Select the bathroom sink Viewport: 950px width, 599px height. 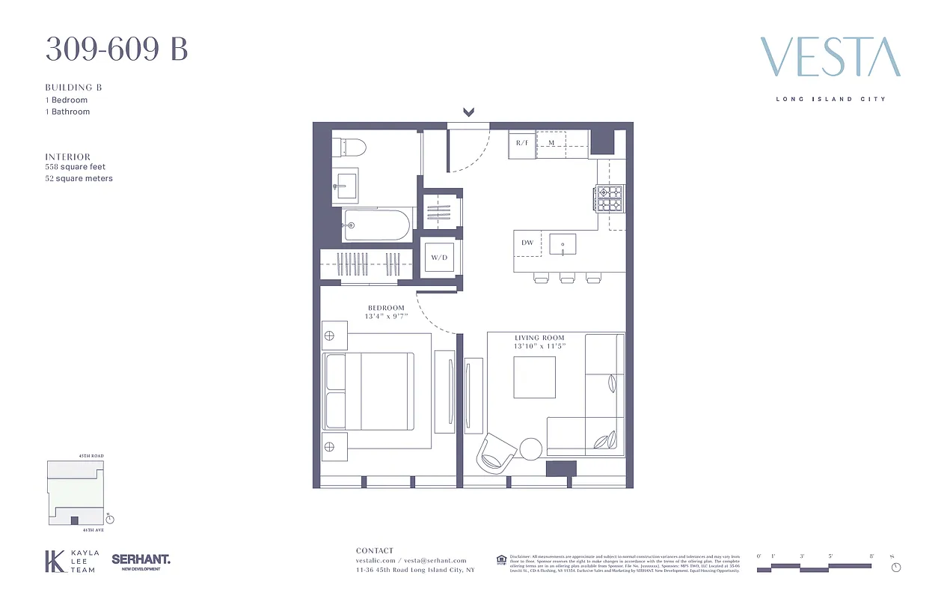[x=346, y=184]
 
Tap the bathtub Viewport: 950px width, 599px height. [x=376, y=224]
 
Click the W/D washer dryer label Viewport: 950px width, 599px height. [x=438, y=258]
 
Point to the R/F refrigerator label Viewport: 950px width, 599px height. [x=522, y=143]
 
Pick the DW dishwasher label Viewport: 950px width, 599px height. [x=527, y=243]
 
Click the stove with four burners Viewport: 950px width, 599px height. [x=610, y=199]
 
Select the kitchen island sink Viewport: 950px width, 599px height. [x=563, y=244]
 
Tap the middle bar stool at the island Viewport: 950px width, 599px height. [x=567, y=279]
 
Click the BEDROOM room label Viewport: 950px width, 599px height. [x=386, y=308]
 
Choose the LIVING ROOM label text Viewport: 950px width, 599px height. [x=539, y=338]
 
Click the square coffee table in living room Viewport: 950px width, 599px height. [x=534, y=377]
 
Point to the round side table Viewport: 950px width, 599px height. [x=531, y=448]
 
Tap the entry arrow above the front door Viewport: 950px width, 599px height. [x=468, y=112]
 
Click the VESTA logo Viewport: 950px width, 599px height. [x=830, y=57]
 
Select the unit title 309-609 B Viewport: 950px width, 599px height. [x=117, y=49]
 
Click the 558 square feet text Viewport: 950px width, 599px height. [x=76, y=167]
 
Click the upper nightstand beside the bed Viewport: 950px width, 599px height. [x=335, y=335]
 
